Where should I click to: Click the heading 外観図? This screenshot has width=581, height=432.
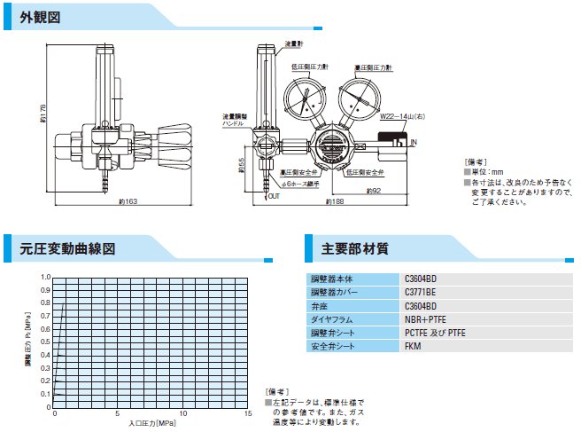[x=40, y=18]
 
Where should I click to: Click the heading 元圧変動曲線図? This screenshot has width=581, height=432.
[x=67, y=248]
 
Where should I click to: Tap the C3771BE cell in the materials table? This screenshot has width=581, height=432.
[x=422, y=291]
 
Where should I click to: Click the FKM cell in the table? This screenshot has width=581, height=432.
[x=412, y=345]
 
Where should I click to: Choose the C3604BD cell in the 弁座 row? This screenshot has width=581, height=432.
[x=422, y=304]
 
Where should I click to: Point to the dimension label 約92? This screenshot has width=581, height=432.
[x=372, y=190]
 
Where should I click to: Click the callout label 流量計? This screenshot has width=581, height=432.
[x=294, y=43]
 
